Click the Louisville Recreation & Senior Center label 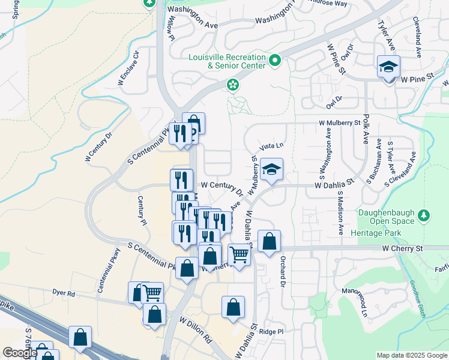227,61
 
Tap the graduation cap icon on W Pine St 388,67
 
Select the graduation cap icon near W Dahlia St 271,170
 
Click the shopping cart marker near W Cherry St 239,256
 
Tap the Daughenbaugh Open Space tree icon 424,214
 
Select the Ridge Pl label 271,331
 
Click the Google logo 20,353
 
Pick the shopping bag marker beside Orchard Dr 270,242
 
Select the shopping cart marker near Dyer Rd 152,293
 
